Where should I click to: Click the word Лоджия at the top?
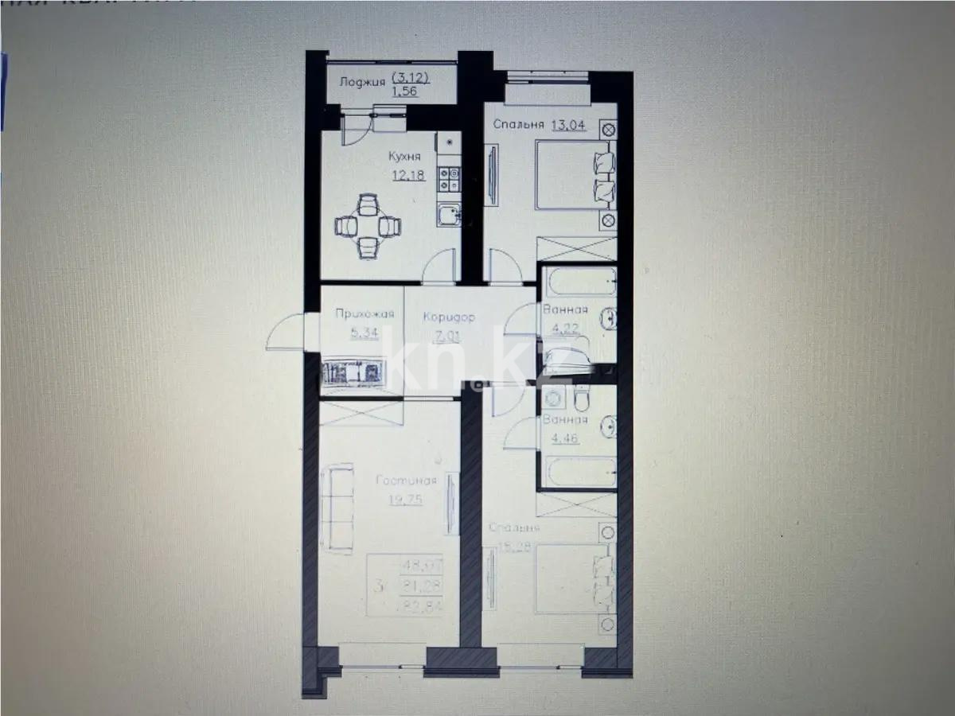pyautogui.click(x=362, y=81)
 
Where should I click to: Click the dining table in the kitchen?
pyautogui.click(x=367, y=226)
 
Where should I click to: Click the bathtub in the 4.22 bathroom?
pyautogui.click(x=579, y=281)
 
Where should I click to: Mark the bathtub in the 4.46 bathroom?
pyautogui.click(x=579, y=473)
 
